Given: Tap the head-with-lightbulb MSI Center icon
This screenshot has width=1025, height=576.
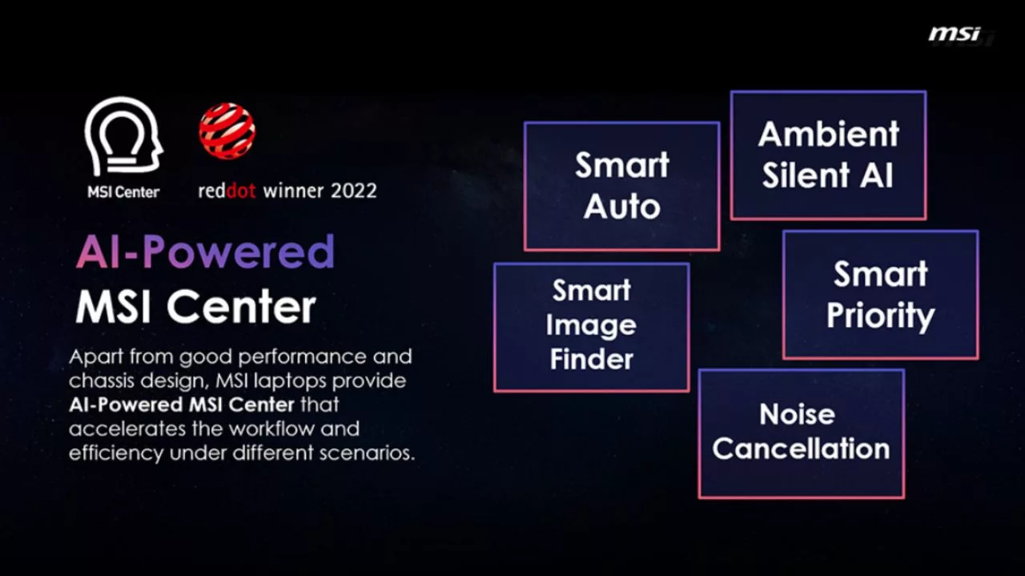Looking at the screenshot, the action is (123, 136).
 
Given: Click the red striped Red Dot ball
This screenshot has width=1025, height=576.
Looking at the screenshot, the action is (227, 131).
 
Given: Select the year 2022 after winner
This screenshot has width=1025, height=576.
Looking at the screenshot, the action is (354, 191).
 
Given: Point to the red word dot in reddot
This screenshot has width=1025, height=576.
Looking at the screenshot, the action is (241, 191).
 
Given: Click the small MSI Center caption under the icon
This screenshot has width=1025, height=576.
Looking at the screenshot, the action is (123, 191).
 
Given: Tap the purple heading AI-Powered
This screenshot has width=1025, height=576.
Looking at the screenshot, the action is (206, 252).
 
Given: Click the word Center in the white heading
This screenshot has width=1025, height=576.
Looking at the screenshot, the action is (242, 306).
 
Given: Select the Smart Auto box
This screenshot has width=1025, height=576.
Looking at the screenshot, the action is (622, 187).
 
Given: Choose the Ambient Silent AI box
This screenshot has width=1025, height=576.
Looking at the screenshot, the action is (829, 155).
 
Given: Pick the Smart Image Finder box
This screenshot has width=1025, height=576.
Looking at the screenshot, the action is (592, 328).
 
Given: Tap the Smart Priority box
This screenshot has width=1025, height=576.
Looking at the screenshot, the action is (881, 295).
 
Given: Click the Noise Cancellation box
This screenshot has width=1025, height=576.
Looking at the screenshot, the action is (802, 433).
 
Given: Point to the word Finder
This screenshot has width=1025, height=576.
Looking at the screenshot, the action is (592, 359).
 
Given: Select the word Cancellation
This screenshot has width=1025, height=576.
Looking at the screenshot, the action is (802, 449).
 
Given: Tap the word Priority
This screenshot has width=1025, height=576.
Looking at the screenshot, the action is (880, 316).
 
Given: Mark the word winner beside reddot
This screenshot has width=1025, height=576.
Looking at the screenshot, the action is (293, 191).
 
